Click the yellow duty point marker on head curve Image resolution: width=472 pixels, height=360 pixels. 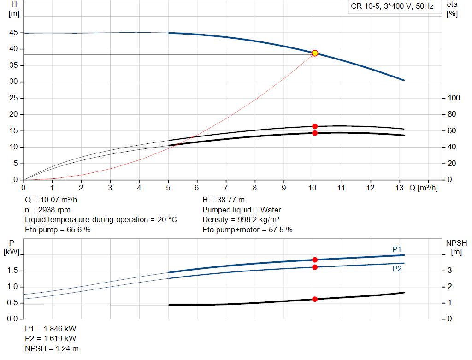(x=314, y=53)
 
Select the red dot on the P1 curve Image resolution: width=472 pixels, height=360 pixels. (x=314, y=260)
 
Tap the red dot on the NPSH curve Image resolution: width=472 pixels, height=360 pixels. (x=314, y=299)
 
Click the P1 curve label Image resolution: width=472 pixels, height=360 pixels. (x=397, y=249)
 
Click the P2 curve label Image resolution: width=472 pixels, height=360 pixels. (x=397, y=269)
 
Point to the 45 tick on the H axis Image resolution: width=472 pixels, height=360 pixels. (x=13, y=33)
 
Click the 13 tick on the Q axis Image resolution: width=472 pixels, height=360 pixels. (x=399, y=188)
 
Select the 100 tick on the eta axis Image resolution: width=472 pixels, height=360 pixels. (x=454, y=98)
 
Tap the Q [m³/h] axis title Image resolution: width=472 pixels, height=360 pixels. (x=423, y=188)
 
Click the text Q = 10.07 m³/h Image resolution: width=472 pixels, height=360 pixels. (x=51, y=200)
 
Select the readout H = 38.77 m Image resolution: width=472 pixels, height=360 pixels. (x=224, y=200)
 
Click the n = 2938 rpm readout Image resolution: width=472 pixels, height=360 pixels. (x=47, y=210)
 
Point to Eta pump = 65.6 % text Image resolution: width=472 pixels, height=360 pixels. (x=58, y=230)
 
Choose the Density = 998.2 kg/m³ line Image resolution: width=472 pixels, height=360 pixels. (x=241, y=220)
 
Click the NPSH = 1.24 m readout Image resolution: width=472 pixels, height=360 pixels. (x=52, y=348)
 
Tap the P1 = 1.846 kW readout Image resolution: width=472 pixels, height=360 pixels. (x=51, y=329)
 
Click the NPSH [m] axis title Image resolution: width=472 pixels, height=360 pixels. (x=456, y=248)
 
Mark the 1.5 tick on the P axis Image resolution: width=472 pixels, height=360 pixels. (x=12, y=270)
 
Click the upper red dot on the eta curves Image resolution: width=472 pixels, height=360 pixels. (x=314, y=126)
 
